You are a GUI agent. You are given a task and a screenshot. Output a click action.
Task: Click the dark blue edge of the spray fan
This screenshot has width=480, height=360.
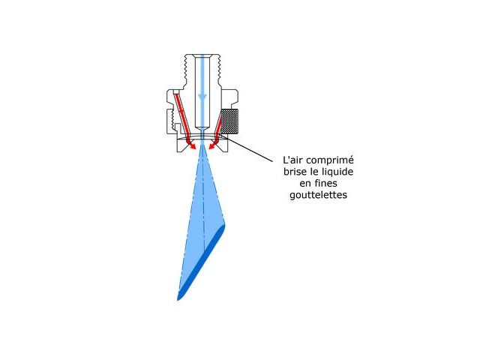[x=202, y=262]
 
